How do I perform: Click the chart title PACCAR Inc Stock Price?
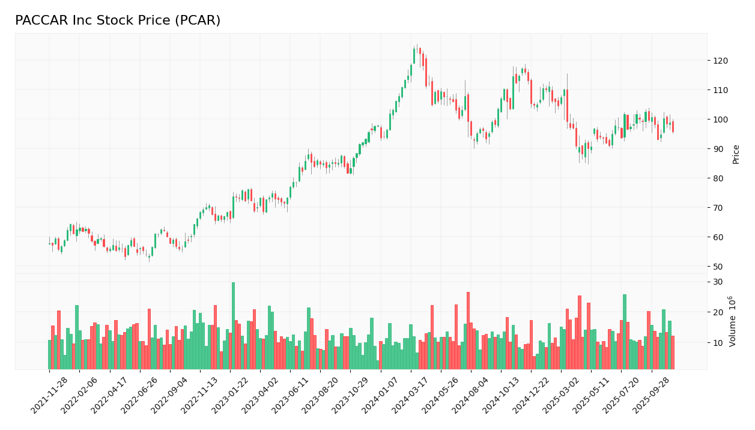118,21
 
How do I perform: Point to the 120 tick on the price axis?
720,61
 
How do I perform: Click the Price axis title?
736,154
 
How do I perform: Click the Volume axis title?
732,321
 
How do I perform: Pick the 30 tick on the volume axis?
718,282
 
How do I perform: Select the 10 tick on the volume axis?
718,343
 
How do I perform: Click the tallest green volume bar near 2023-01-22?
233,326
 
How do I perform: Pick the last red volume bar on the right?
673,353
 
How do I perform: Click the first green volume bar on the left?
49,354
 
